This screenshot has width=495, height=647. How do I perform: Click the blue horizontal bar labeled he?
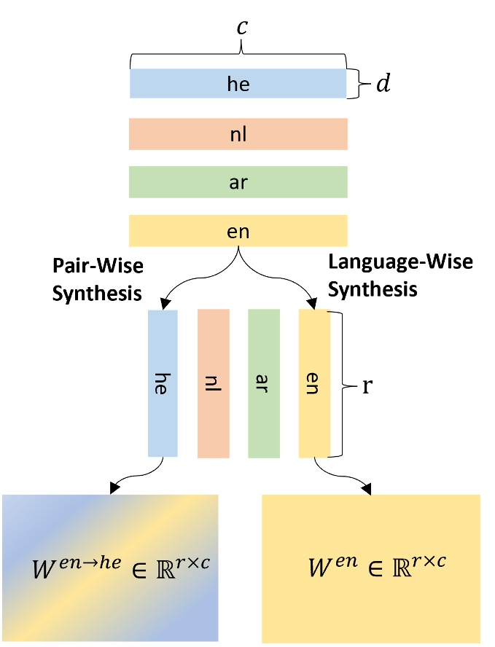(238, 84)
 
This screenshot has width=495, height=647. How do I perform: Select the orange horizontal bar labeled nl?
(238, 134)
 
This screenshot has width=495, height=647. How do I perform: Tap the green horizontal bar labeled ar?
(238, 182)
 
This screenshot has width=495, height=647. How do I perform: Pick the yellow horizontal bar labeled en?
(238, 230)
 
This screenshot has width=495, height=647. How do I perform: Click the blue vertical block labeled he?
(162, 383)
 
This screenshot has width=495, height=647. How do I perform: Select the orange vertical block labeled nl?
(213, 383)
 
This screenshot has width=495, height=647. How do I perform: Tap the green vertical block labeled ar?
(263, 383)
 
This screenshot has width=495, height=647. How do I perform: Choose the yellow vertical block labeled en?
(314, 383)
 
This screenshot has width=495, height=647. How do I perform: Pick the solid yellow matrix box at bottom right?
(370, 568)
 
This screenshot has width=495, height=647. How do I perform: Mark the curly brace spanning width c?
(238, 58)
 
